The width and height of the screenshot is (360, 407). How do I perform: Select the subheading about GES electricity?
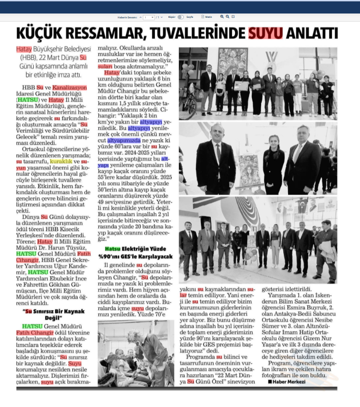pos(136,252)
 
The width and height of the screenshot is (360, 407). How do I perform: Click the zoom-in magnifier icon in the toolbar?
pos(222,16)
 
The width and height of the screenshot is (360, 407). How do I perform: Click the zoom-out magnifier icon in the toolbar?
pos(228,16)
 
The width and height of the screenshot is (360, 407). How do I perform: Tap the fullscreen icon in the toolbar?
pos(234,16)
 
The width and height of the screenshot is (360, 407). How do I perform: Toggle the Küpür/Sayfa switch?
pos(180,17)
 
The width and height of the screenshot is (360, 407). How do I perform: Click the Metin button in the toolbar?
pos(206,17)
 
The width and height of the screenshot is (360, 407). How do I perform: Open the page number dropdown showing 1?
pos(149,17)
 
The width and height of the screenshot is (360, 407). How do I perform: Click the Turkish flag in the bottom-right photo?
pos(303,206)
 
